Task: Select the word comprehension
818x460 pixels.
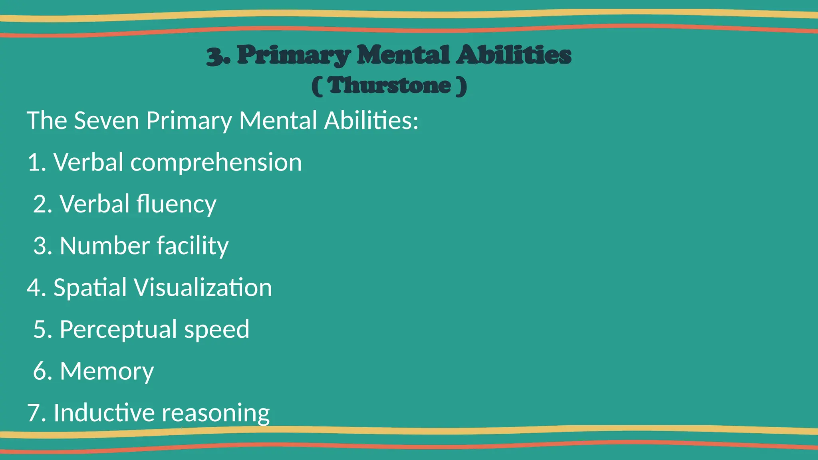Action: click(x=216, y=163)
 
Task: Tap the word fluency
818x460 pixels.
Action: click(x=176, y=204)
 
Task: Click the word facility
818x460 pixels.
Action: click(x=193, y=246)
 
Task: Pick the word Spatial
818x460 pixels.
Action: click(x=90, y=287)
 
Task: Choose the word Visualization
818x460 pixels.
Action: click(x=203, y=287)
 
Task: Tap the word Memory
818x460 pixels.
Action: click(x=107, y=371)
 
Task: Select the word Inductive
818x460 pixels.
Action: click(x=104, y=412)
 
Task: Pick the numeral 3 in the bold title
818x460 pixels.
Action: click(x=215, y=56)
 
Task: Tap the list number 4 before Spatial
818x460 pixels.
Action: click(x=34, y=287)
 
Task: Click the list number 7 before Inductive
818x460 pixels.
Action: click(x=34, y=413)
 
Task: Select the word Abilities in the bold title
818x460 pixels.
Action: click(x=514, y=55)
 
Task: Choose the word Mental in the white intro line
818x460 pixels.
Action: click(x=278, y=121)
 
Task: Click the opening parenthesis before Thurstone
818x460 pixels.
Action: click(x=317, y=86)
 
